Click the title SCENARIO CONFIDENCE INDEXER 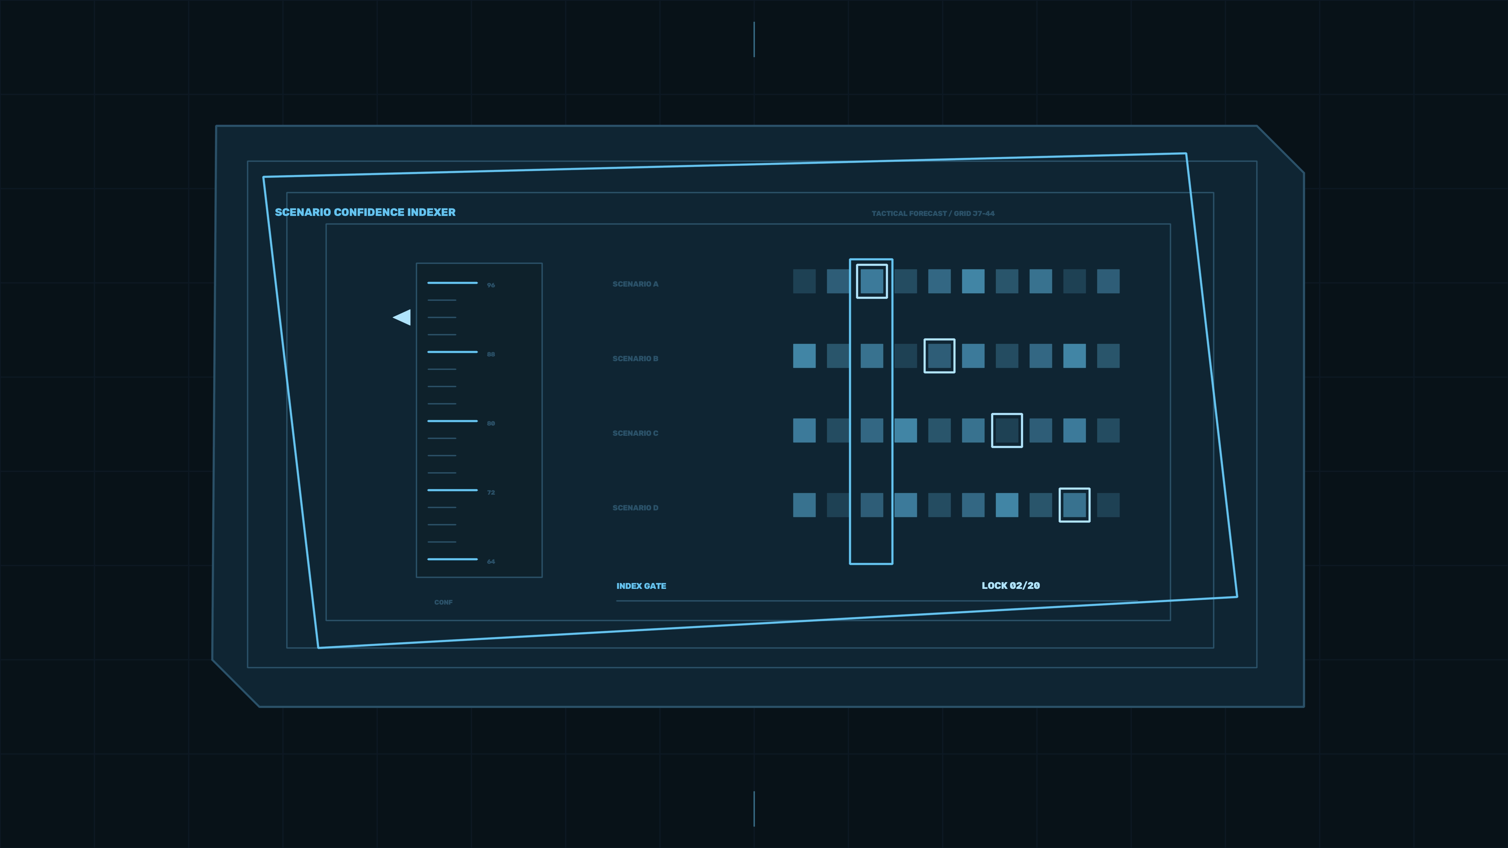pos(365,212)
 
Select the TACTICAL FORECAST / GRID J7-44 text pos(933,214)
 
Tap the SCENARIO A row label pos(635,284)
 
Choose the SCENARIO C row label pos(635,433)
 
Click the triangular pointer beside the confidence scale pos(403,317)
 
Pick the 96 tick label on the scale pos(490,285)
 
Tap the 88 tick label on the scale pos(490,354)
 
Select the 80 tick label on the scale pos(490,423)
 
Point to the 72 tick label pos(490,492)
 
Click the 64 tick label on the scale pos(490,561)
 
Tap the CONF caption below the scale pos(443,602)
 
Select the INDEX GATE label pos(641,586)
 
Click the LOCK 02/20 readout pos(1010,585)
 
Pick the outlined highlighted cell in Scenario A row pos(872,281)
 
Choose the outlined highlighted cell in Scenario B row pos(939,356)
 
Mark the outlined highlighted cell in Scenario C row pos(1007,430)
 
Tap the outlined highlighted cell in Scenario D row pos(1074,505)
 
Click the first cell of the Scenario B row pos(804,356)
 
